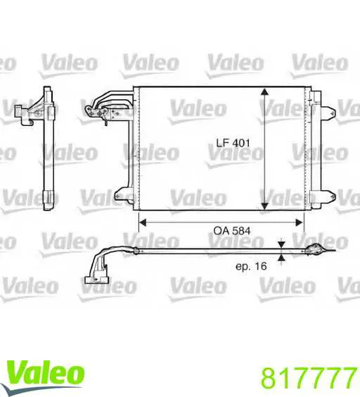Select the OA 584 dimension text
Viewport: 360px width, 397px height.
232,230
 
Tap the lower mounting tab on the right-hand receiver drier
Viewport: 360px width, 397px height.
327,192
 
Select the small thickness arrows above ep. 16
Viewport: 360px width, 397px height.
281,251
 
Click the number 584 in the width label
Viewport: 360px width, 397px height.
241,230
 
